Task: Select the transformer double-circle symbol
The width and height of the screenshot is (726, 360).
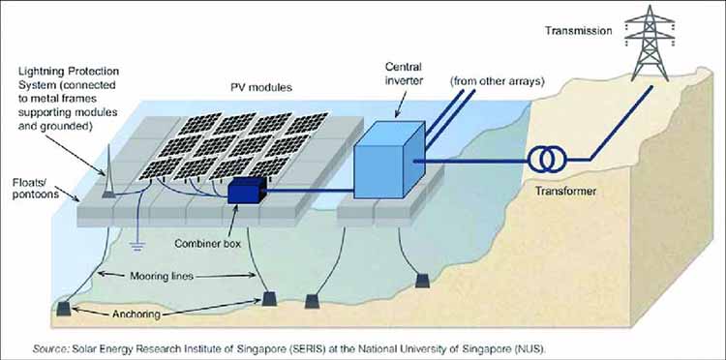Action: coord(544,159)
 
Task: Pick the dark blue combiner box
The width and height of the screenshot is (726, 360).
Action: coord(247,193)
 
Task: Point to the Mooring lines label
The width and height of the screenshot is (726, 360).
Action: coord(153,275)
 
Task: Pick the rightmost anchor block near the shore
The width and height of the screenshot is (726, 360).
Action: coord(421,281)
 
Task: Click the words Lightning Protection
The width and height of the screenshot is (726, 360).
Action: coord(71,74)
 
